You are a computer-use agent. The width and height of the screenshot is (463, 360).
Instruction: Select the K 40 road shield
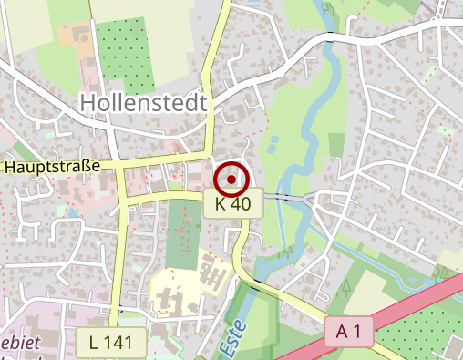pyautogui.click(x=233, y=204)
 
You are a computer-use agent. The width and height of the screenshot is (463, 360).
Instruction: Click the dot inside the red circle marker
pyautogui.click(x=232, y=179)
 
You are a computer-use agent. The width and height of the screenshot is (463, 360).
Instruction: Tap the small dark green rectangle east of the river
pyautogui.click(x=337, y=144)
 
